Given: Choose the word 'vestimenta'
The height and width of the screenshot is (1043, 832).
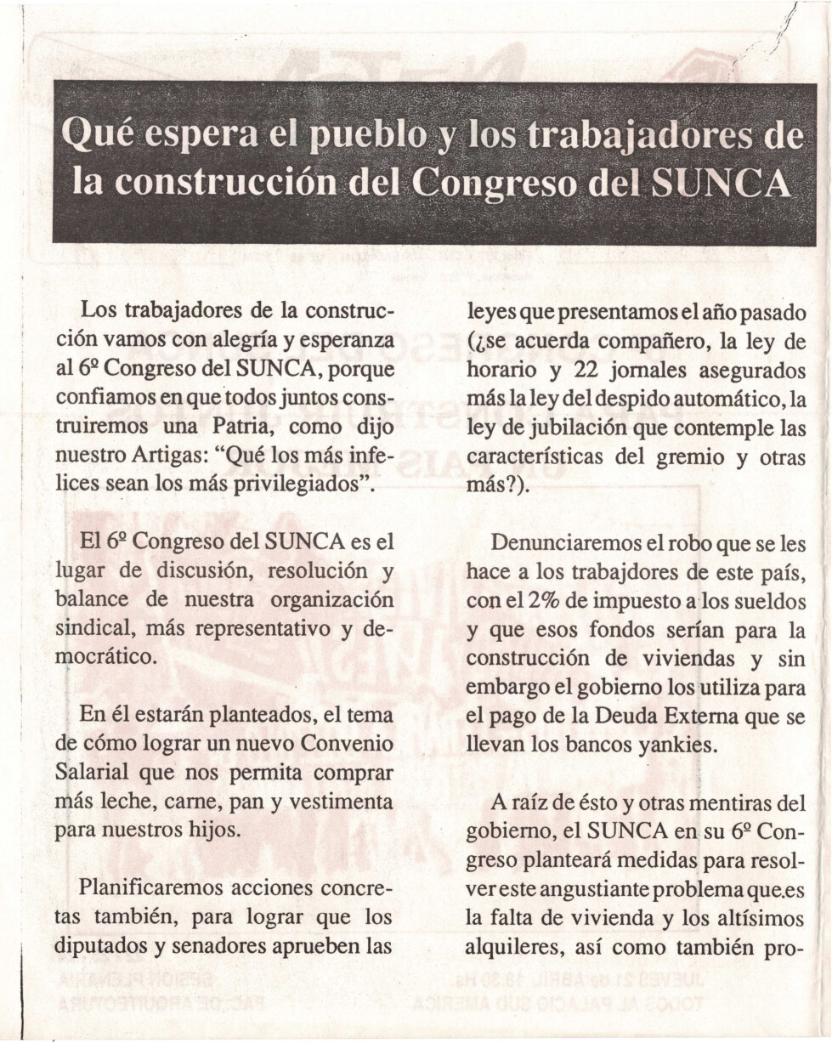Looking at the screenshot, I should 342,801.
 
